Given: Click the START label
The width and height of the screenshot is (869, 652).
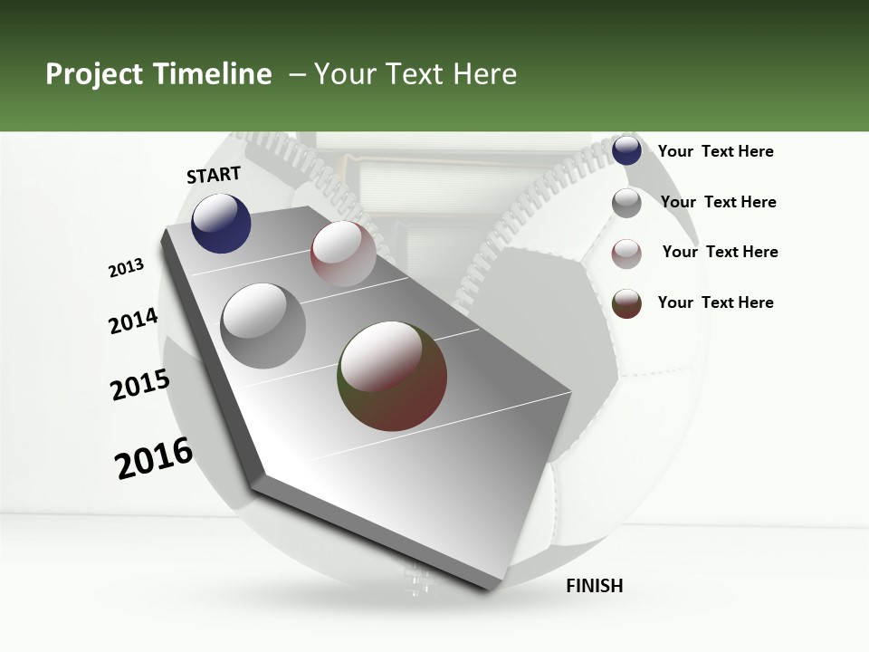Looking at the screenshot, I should (214, 175).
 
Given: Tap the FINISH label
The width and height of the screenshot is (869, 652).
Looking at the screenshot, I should (594, 586).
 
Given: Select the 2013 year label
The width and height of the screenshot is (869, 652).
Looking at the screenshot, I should (126, 268).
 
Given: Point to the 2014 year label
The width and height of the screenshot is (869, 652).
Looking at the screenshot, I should (133, 321).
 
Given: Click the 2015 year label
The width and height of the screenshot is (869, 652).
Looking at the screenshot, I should (140, 385).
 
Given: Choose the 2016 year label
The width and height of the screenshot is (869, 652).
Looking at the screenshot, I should (154, 458).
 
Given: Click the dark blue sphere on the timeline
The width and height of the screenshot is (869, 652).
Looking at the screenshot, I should (221, 223).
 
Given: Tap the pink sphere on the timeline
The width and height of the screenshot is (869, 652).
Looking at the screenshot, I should (343, 253).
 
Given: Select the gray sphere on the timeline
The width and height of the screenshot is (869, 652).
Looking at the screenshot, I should (263, 325).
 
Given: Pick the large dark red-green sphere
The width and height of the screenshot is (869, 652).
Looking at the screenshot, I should (392, 375).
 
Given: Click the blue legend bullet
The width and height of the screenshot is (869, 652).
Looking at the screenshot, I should (626, 151).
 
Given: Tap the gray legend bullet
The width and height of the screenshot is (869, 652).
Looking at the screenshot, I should (626, 203).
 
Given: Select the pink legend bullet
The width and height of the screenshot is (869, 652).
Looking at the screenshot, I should (626, 254).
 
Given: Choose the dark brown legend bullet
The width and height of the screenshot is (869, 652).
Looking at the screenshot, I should (626, 303).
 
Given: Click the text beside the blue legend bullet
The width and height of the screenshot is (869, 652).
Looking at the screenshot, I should (715, 151).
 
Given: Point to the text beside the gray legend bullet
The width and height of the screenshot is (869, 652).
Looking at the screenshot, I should (718, 202).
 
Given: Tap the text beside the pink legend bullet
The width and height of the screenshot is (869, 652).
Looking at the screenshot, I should (720, 252).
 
